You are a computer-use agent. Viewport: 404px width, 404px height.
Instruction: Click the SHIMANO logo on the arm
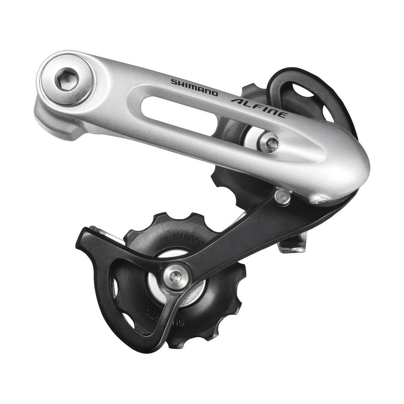click(194, 87)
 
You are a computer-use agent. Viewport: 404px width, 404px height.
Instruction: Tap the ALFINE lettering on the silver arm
click(259, 108)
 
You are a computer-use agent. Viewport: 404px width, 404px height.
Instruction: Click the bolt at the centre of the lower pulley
click(175, 278)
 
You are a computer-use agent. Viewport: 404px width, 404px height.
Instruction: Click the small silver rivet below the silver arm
click(282, 196)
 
